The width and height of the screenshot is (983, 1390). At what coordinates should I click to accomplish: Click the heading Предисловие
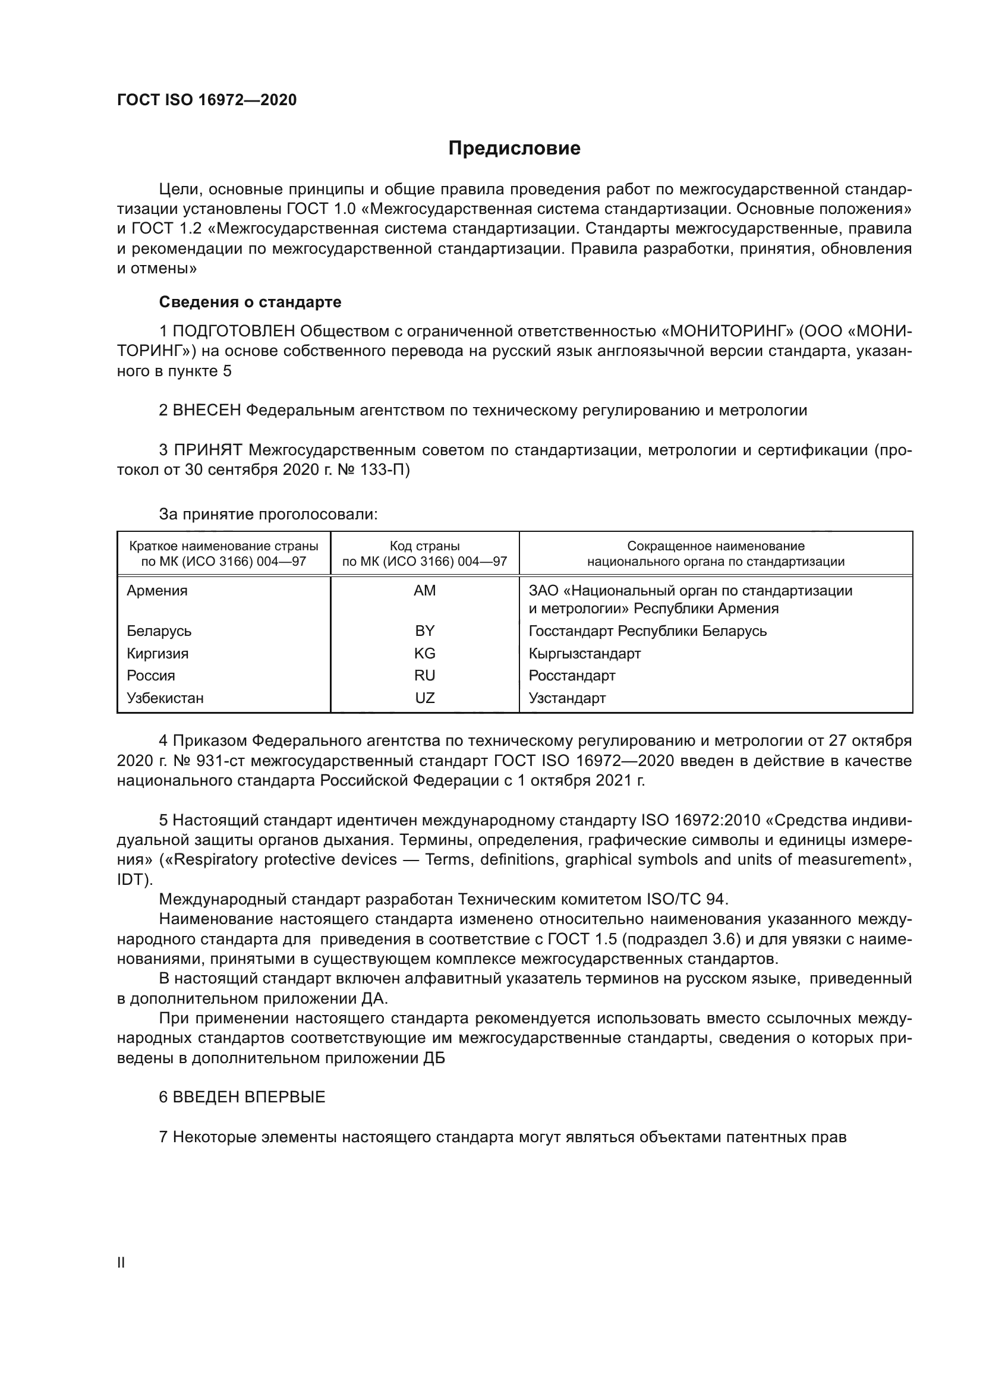coord(514,149)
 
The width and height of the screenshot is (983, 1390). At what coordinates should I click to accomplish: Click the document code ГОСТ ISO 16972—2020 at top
coord(206,100)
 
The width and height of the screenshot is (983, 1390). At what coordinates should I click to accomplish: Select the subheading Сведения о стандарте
coord(250,301)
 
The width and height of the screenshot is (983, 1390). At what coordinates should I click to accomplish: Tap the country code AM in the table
coord(424,590)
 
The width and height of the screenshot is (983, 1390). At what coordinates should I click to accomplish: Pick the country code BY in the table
coord(424,631)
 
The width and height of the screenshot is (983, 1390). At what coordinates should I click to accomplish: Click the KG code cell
coord(424,653)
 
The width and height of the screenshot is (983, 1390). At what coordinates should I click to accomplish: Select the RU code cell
coord(424,675)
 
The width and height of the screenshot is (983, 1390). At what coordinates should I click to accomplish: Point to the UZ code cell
coord(424,698)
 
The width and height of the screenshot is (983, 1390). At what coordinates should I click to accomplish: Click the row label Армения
coord(157,590)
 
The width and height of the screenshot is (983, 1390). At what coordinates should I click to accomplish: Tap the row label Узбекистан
coord(165,698)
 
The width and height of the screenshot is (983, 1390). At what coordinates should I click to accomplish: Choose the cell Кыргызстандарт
coord(584,653)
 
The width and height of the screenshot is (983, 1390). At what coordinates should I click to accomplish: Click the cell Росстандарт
coord(571,675)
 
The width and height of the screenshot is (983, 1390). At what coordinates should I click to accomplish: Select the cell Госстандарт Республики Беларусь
coord(647,631)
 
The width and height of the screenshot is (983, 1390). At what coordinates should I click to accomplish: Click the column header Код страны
coord(424,546)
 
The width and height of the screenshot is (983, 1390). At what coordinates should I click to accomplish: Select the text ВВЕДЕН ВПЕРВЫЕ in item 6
coord(249,1097)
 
